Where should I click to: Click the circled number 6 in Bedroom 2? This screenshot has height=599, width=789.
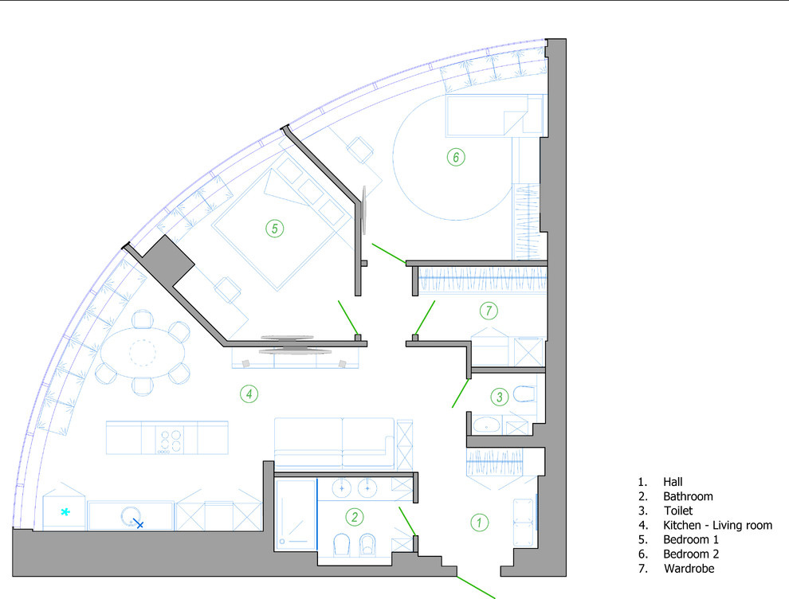coord(456,157)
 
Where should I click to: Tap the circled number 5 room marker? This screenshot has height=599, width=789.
coord(275,229)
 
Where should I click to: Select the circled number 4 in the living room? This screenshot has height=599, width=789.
coord(249,393)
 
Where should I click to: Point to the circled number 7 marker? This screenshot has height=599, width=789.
coord(489,311)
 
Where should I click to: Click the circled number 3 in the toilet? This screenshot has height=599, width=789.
coord(499,397)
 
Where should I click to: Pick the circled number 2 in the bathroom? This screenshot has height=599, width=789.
coord(355,517)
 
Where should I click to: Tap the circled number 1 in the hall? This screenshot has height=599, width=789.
coord(479,523)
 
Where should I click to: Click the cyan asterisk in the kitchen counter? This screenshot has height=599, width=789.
coord(65,512)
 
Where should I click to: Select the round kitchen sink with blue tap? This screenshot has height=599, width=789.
coord(131,516)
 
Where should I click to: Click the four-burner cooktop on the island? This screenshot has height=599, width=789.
coord(170,440)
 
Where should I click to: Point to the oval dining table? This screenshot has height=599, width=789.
coord(143,352)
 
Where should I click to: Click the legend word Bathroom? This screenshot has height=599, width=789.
coord(688,496)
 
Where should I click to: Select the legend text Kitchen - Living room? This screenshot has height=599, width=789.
coord(717,525)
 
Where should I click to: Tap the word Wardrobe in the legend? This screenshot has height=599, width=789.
coord(689,568)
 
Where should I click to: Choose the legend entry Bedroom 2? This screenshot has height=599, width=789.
coord(691,554)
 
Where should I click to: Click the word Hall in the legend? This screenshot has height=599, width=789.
coord(673,482)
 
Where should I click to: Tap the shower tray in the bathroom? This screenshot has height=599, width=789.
coord(296,514)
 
